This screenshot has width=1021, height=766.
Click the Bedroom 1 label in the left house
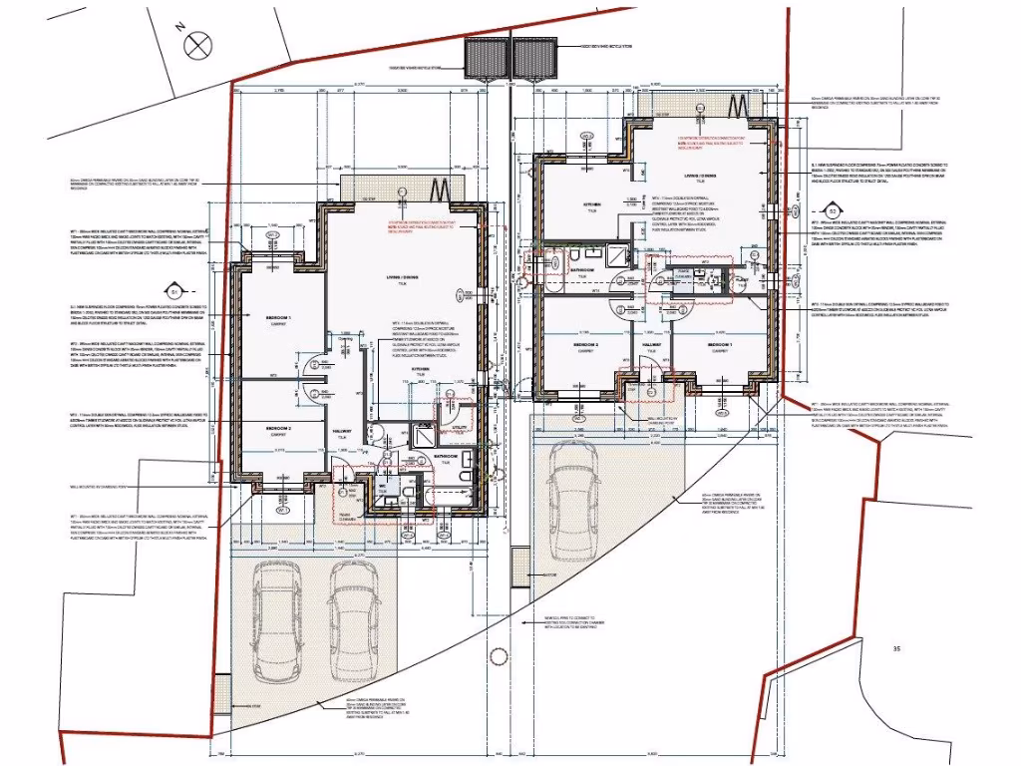(277, 315)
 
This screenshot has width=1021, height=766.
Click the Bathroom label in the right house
(581, 269)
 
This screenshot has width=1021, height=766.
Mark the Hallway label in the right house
(653, 344)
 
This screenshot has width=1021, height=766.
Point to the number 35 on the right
(896, 649)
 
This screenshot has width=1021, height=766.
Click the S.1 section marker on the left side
(172, 291)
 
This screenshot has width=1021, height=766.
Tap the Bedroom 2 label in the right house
(585, 345)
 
